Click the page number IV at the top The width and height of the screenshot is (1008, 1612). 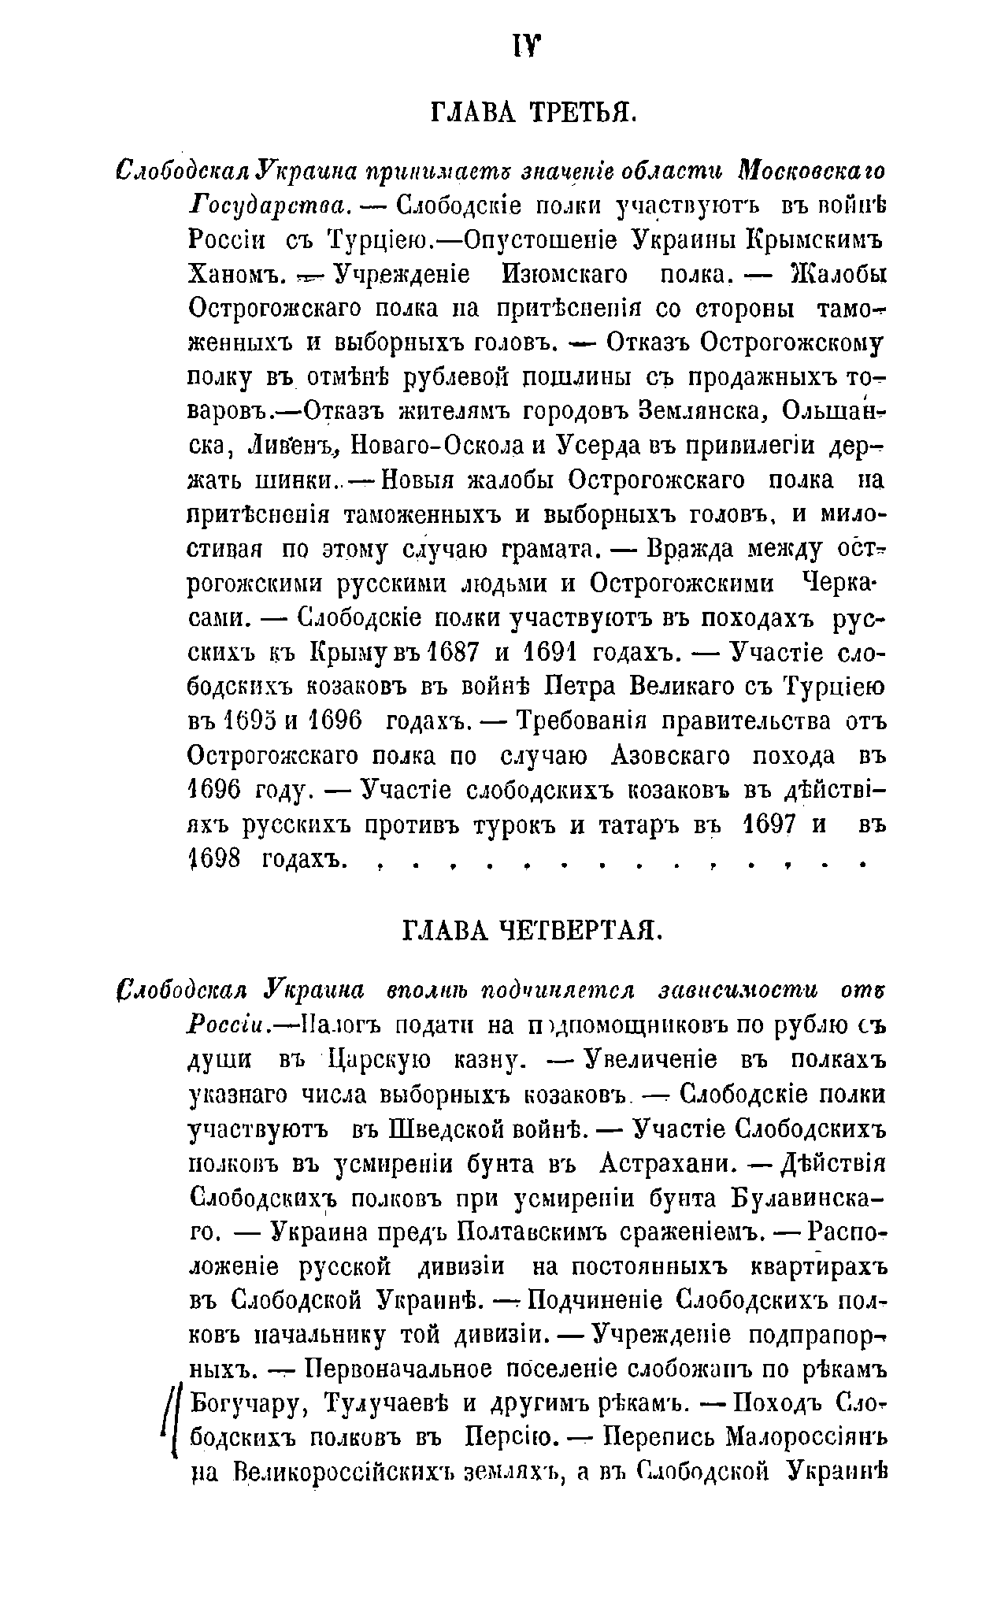525,49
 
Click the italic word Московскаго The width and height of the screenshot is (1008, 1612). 812,171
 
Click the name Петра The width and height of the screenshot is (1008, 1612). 581,687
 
